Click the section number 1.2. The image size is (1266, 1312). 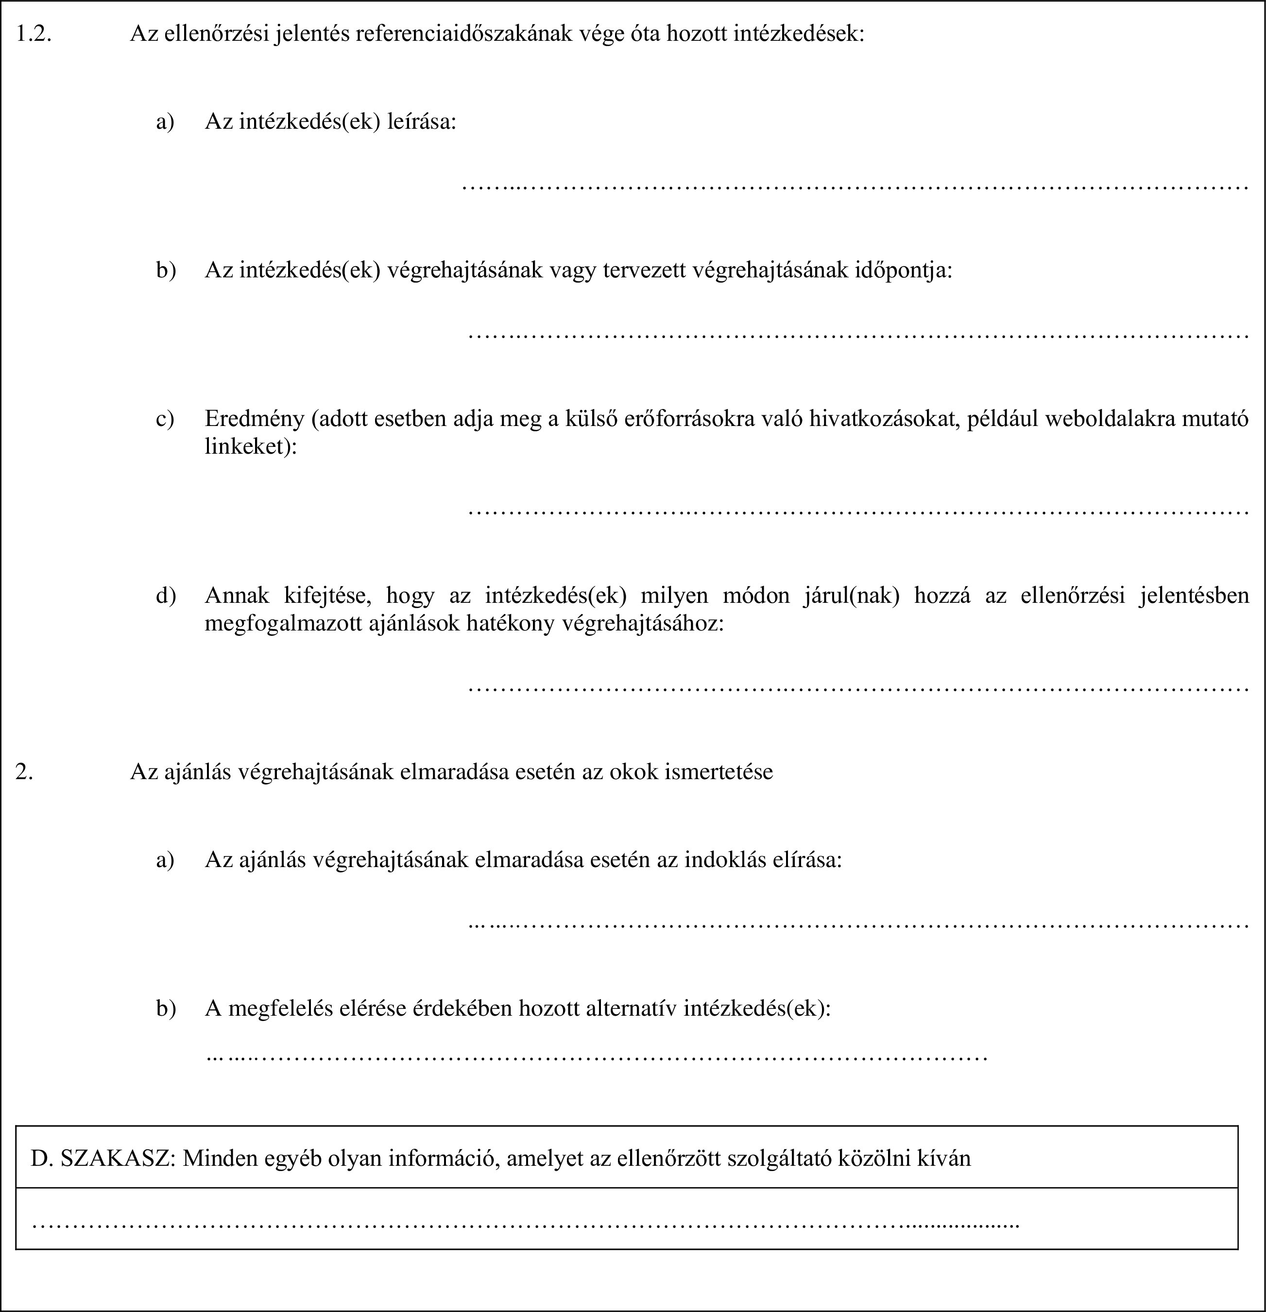click(34, 34)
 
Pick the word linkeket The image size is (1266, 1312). click(248, 446)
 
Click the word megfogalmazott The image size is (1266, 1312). click(284, 623)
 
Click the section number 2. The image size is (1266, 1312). click(25, 772)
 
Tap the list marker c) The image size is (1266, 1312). click(165, 419)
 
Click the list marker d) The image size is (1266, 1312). click(165, 595)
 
